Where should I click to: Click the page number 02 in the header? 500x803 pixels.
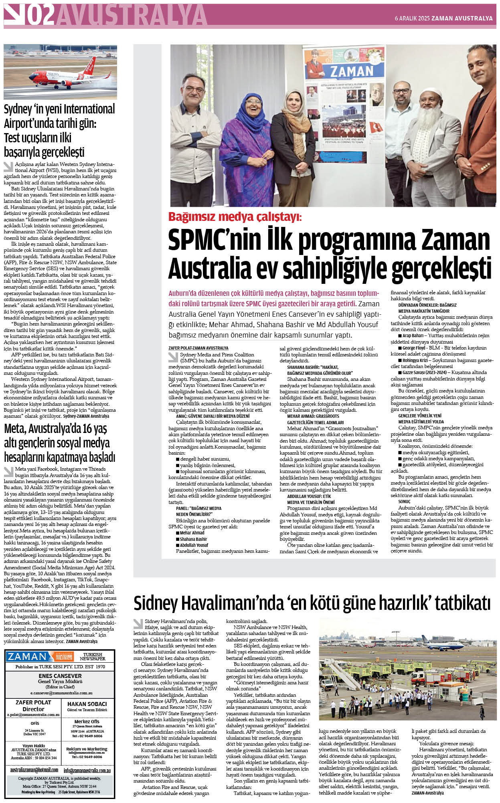pyautogui.click(x=40, y=16)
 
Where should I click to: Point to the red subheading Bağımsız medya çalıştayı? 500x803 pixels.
pyautogui.click(x=235, y=217)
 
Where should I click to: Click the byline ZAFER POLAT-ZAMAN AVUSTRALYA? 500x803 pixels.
pyautogui.click(x=198, y=348)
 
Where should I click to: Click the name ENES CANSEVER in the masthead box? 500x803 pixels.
pyautogui.click(x=60, y=676)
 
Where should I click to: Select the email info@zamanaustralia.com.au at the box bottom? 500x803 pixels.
pyautogui.click(x=87, y=771)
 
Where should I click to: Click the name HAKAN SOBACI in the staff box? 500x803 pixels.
pyautogui.click(x=87, y=704)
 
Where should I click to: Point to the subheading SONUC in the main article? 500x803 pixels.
pyautogui.click(x=404, y=501)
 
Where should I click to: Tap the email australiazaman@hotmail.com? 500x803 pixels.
pyautogui.click(x=34, y=770)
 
